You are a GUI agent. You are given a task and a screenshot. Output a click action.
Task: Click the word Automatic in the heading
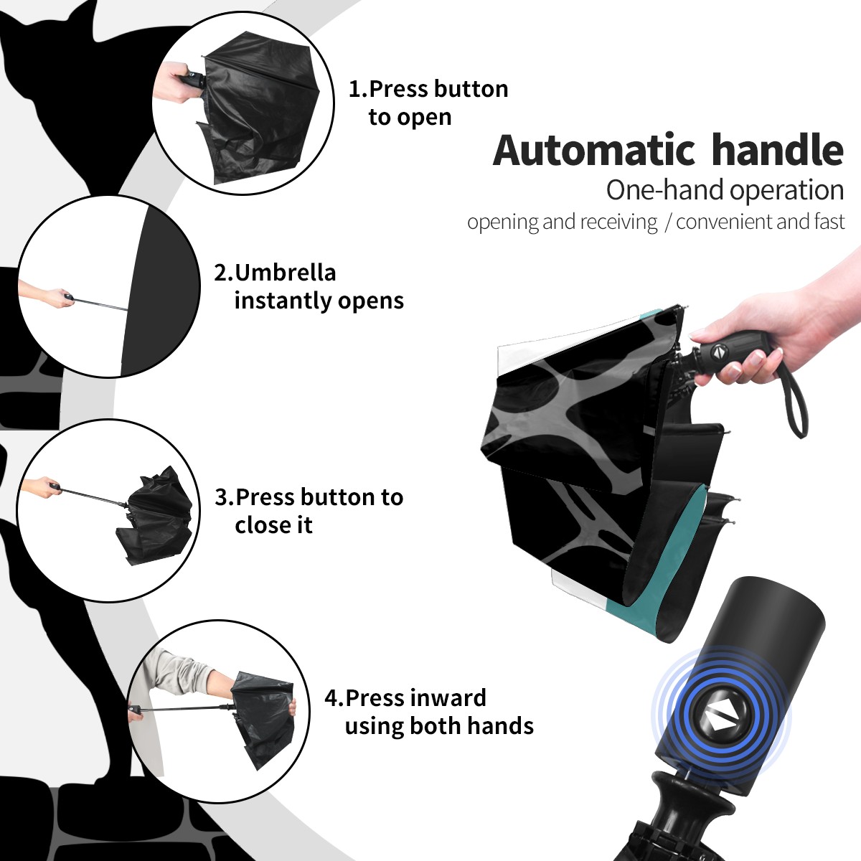594,151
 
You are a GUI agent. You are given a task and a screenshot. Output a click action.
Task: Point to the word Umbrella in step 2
285,273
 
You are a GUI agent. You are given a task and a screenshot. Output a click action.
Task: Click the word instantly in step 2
283,301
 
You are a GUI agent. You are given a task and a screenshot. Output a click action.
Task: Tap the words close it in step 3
273,525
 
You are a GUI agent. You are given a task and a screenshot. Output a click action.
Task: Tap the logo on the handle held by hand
720,351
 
